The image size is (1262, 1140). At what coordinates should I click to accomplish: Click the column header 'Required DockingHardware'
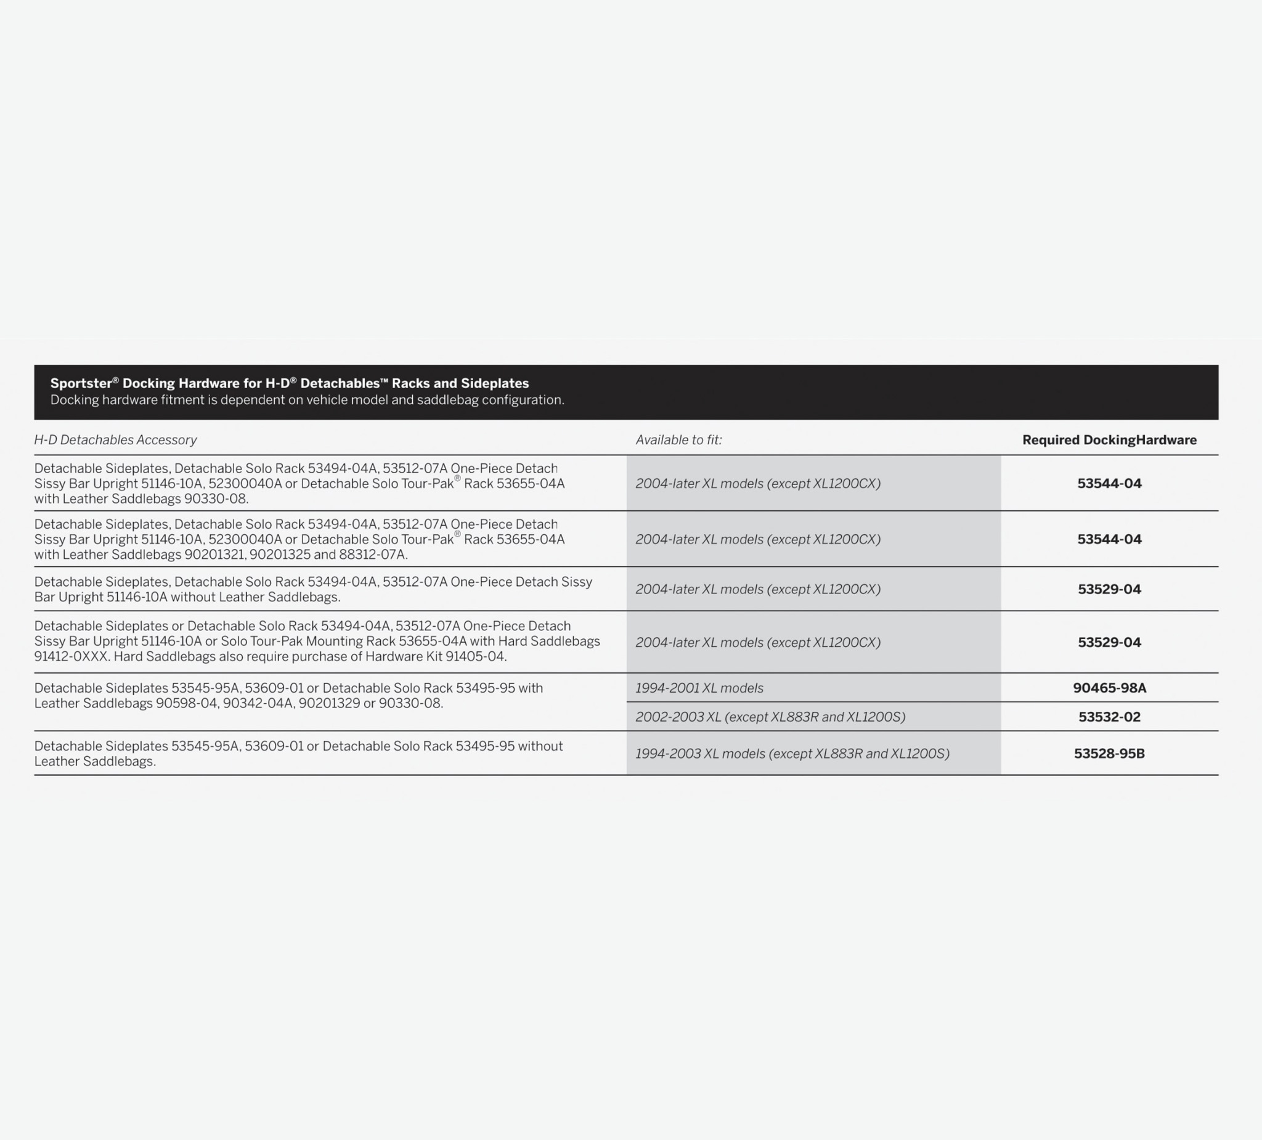pyautogui.click(x=1109, y=440)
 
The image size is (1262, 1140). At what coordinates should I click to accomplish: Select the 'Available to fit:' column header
pyautogui.click(x=678, y=440)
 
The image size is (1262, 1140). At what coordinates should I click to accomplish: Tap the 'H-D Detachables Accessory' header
pyautogui.click(x=115, y=440)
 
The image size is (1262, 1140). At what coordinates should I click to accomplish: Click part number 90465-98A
pyautogui.click(x=1109, y=688)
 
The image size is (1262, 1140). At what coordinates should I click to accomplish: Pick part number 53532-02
pyautogui.click(x=1109, y=717)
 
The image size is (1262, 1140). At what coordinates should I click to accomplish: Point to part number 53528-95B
pyautogui.click(x=1109, y=754)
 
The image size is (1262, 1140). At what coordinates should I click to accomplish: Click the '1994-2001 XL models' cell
pyautogui.click(x=699, y=688)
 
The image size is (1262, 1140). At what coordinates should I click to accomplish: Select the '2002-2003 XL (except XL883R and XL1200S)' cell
pyautogui.click(x=770, y=717)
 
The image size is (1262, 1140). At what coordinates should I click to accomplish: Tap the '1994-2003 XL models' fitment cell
pyautogui.click(x=792, y=754)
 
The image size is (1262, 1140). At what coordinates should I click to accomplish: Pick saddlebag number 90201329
pyautogui.click(x=328, y=704)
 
